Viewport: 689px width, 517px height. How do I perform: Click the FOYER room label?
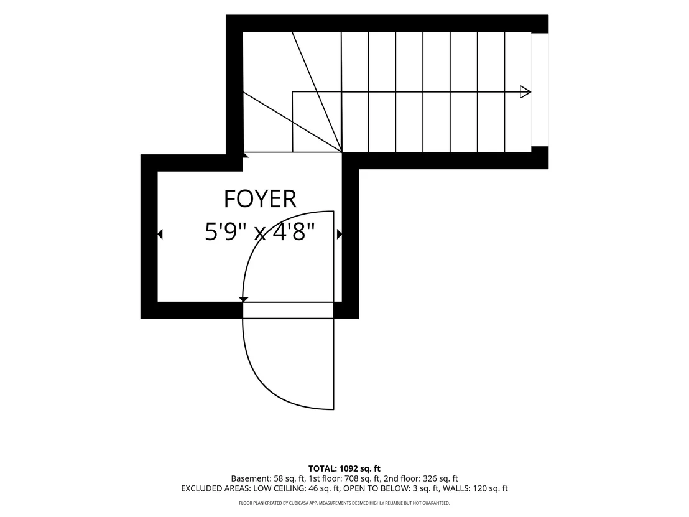tap(260, 198)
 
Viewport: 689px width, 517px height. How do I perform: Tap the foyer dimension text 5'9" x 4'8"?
tap(260, 231)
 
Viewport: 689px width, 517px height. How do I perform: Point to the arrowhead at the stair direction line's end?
tap(525, 92)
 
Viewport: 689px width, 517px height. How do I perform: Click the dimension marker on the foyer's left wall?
tap(160, 235)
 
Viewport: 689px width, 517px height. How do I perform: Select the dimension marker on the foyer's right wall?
tap(340, 235)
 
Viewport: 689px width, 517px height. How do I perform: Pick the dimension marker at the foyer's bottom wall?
tap(243, 299)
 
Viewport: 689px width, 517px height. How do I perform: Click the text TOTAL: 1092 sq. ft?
tap(344, 468)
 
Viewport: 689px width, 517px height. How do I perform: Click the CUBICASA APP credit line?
tap(344, 503)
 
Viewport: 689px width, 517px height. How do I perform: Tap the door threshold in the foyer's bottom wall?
tap(289, 310)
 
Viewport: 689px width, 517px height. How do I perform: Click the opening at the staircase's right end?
tap(540, 90)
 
